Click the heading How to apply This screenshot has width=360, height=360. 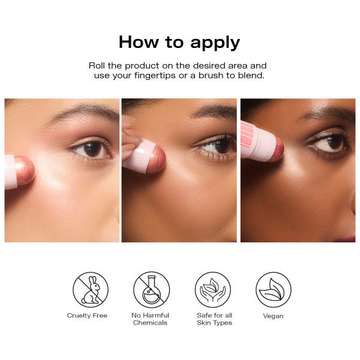179,43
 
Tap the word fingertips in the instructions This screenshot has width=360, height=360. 155,76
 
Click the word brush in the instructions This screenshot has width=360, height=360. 211,76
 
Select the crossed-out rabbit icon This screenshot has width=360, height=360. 91,290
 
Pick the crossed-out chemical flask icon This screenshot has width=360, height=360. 152,290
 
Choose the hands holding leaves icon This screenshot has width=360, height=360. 213,290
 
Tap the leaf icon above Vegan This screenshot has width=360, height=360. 274,290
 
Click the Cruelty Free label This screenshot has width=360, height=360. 87,316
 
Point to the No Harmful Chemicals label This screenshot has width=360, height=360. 150,319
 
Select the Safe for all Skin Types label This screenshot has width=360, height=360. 214,319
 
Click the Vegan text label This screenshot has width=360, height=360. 273,316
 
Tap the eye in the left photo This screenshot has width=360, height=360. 91,149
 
